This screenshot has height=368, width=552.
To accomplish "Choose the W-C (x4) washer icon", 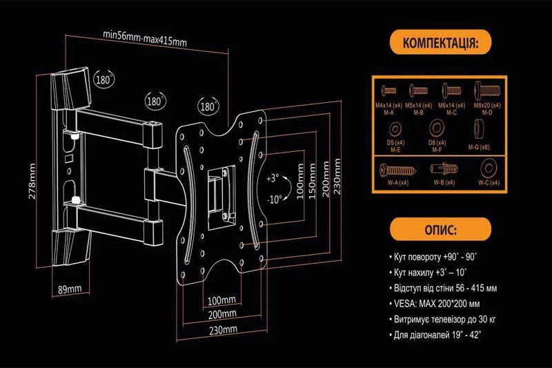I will tap(486, 168).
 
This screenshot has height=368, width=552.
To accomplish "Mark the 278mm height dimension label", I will tap(32, 181).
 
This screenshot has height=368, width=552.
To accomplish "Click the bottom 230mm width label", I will tap(221, 329).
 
